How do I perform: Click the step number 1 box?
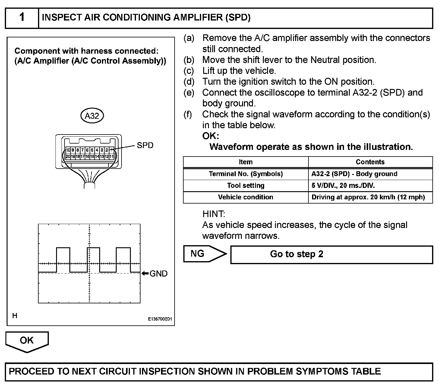point(22,18)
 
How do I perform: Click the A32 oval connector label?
point(92,116)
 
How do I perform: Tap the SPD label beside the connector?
point(145,145)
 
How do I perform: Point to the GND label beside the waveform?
point(158,274)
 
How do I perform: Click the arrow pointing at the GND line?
point(145,274)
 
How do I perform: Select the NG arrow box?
point(204,254)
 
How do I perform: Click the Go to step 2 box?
point(331,254)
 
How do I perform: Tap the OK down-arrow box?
point(27,341)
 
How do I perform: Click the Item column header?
point(245,162)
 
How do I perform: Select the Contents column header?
point(370,162)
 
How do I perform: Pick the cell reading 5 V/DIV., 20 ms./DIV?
point(343,185)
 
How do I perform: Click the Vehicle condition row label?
point(245,197)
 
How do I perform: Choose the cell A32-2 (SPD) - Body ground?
point(354,174)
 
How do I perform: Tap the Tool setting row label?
point(245,185)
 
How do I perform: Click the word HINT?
point(214,214)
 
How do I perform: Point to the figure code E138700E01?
point(160,319)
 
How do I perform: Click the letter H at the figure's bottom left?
point(15,316)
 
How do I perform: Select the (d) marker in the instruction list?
point(189,82)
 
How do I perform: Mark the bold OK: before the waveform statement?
point(210,136)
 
